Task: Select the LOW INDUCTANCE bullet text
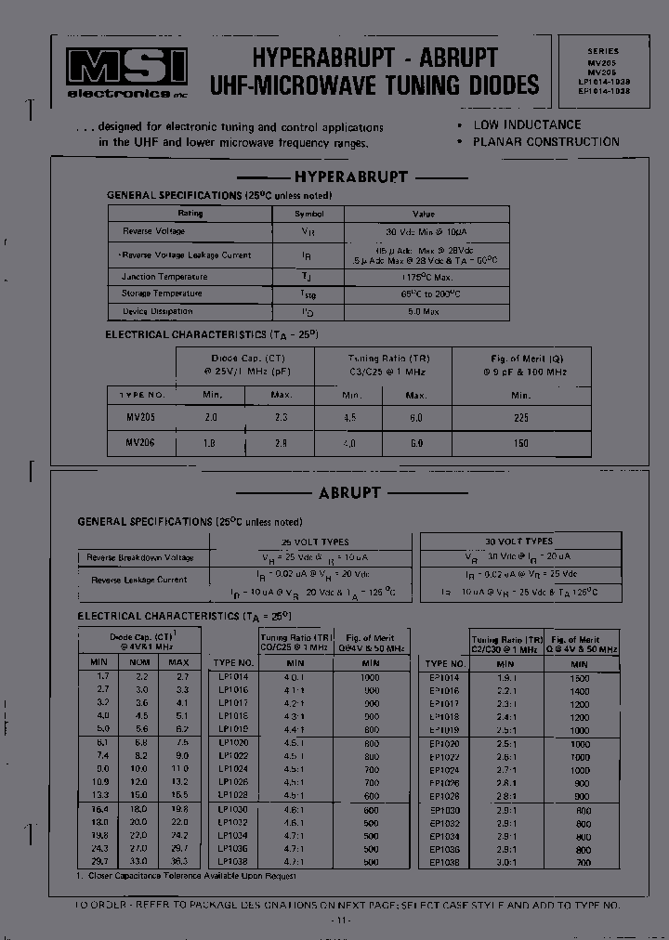coord(526,124)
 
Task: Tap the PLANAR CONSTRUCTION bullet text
coord(545,142)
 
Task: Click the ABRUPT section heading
coord(349,493)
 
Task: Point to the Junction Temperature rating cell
coord(164,277)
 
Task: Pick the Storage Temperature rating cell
coord(162,294)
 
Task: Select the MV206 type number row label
coord(140,443)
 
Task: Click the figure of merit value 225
coord(520,419)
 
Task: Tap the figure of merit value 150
coord(520,444)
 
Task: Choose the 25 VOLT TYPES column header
coord(315,542)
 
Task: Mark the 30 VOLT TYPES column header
coord(520,541)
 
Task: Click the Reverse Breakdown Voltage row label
coord(140,558)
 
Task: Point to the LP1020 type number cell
coord(232,743)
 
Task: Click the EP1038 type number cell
coord(444,862)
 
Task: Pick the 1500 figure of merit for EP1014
coord(579,678)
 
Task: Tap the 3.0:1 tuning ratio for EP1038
coord(507,862)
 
